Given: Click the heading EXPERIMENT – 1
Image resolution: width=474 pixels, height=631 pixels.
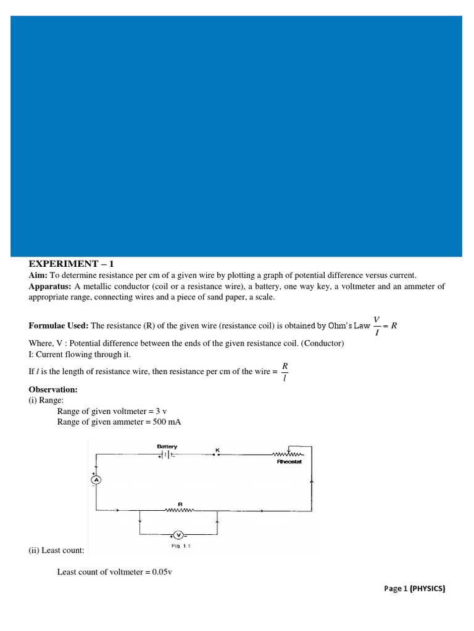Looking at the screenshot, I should [72, 264].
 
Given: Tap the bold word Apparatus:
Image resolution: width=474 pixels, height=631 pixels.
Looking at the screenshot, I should [51, 287].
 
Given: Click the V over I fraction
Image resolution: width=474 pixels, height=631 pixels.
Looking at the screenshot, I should [377, 325].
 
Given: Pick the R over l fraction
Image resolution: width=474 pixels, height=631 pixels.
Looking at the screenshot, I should [285, 372].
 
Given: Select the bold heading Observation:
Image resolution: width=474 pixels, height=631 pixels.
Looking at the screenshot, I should [53, 389].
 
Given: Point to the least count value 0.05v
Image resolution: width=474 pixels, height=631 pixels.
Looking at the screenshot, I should [159, 571].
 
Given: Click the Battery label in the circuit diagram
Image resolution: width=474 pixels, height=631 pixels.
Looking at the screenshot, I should [167, 446].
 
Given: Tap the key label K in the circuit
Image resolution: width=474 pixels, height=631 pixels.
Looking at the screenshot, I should [217, 449].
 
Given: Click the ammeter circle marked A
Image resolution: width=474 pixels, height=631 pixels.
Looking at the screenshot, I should [96, 479].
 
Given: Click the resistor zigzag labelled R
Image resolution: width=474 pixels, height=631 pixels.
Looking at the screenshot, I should [180, 510].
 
